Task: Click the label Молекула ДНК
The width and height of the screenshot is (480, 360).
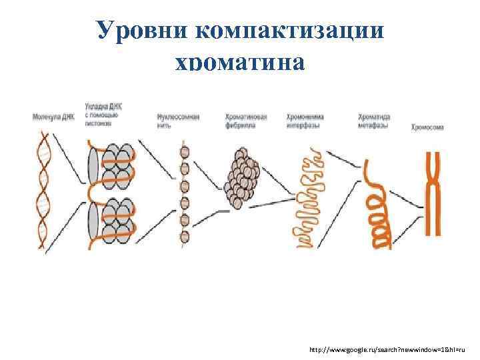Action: [53, 118]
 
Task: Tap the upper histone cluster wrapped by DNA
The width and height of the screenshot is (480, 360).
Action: [111, 165]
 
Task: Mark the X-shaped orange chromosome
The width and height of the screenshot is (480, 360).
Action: [434, 193]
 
